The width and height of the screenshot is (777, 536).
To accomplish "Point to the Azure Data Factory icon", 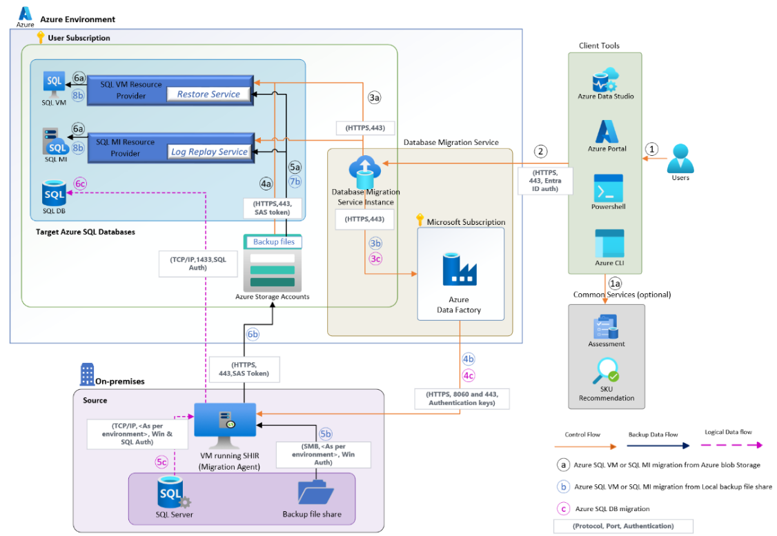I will (x=460, y=270).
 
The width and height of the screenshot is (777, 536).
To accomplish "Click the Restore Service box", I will (x=208, y=95).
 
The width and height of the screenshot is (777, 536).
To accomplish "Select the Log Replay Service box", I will (x=208, y=152).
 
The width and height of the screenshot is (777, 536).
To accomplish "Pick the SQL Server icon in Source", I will (x=172, y=492).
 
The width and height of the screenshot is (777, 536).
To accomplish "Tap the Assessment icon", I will (x=605, y=327).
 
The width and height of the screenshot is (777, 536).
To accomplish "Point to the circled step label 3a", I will (x=375, y=99).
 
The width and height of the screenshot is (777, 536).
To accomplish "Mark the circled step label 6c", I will (x=81, y=184).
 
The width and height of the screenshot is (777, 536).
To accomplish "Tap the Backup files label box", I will (x=274, y=242).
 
